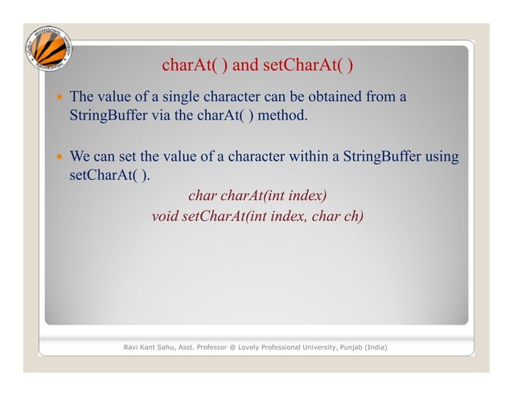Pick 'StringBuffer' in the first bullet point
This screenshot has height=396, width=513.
tap(107, 117)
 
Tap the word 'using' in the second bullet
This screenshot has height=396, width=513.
tap(441, 157)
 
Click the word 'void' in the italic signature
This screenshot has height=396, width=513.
tap(165, 215)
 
